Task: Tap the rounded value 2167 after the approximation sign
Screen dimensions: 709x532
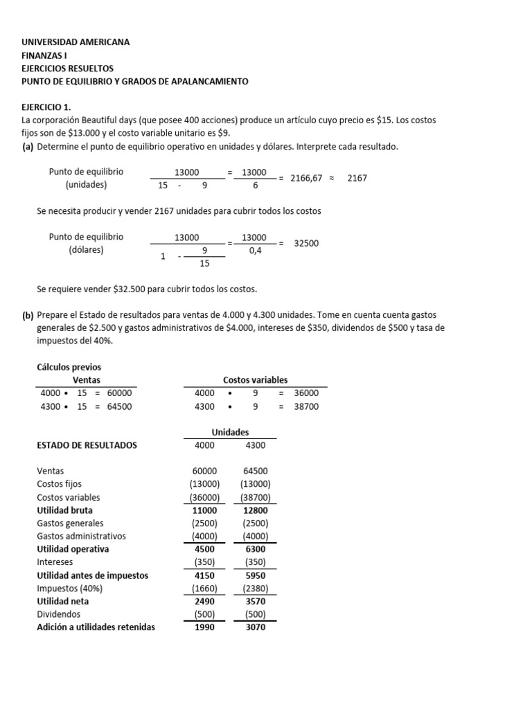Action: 357,178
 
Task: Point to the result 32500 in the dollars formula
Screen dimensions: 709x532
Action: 306,244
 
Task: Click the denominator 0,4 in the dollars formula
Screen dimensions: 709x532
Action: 255,250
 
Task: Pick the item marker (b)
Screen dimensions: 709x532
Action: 28,315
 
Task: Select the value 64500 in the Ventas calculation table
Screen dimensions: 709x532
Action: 119,406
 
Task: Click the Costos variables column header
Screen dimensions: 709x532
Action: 255,380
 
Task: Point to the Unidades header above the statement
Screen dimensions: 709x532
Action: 230,432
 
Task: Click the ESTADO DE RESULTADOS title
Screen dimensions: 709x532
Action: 87,445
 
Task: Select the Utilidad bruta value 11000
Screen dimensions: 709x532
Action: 205,510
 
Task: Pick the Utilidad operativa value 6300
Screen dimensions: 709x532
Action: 256,549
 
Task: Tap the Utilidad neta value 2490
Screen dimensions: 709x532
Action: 205,601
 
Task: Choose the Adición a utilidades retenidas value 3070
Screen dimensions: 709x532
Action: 256,627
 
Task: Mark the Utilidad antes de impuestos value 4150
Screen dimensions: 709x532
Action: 205,575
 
